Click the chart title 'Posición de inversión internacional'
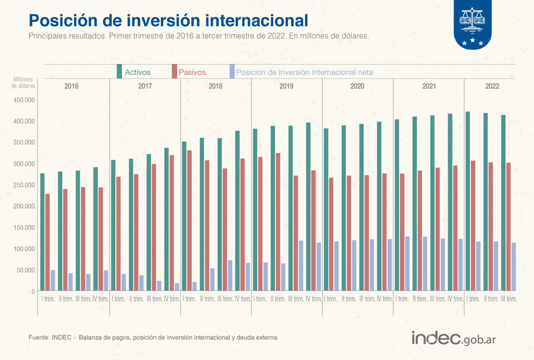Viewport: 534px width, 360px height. pyautogui.click(x=168, y=20)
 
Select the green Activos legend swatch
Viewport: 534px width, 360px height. pyautogui.click(x=120, y=72)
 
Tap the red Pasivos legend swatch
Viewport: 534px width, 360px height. pyautogui.click(x=174, y=72)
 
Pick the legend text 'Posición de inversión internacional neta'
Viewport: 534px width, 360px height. pyautogui.click(x=304, y=72)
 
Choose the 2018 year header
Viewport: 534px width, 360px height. pyautogui.click(x=215, y=86)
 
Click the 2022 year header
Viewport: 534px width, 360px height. pyautogui.click(x=492, y=86)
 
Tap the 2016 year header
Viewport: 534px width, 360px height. pyautogui.click(x=71, y=86)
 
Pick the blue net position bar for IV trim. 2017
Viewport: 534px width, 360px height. pyautogui.click(x=177, y=287)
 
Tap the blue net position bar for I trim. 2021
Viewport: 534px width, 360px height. pyautogui.click(x=408, y=263)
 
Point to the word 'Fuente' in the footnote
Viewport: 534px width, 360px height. pyautogui.click(x=38, y=337)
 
